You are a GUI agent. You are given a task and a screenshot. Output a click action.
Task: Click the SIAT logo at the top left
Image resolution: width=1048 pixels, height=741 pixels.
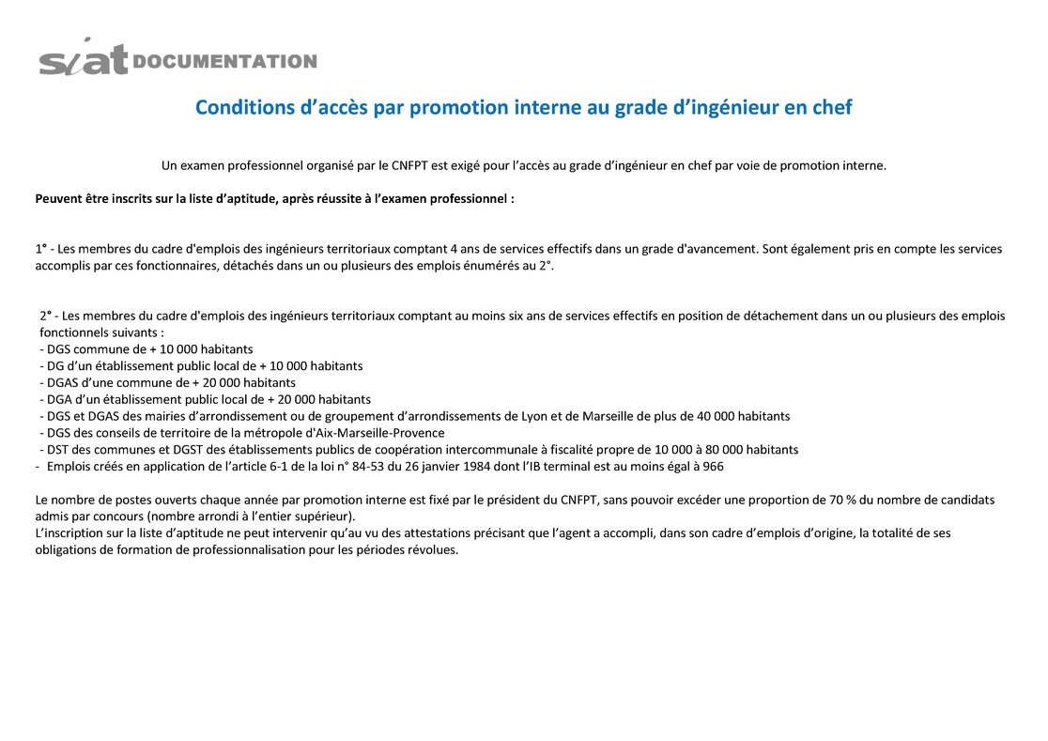(83, 58)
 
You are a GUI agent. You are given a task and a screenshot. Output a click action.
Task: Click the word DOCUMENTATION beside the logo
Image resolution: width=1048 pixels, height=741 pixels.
(225, 62)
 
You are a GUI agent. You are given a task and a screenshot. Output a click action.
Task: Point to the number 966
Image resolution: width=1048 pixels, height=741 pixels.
(713, 467)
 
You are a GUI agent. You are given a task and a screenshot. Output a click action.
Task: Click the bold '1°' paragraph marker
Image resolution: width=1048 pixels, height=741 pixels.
(41, 249)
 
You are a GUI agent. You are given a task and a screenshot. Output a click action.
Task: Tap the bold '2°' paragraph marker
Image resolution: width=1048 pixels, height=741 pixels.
(46, 316)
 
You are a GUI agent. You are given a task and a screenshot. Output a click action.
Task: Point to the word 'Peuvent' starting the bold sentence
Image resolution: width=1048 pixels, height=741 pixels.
(58, 199)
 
